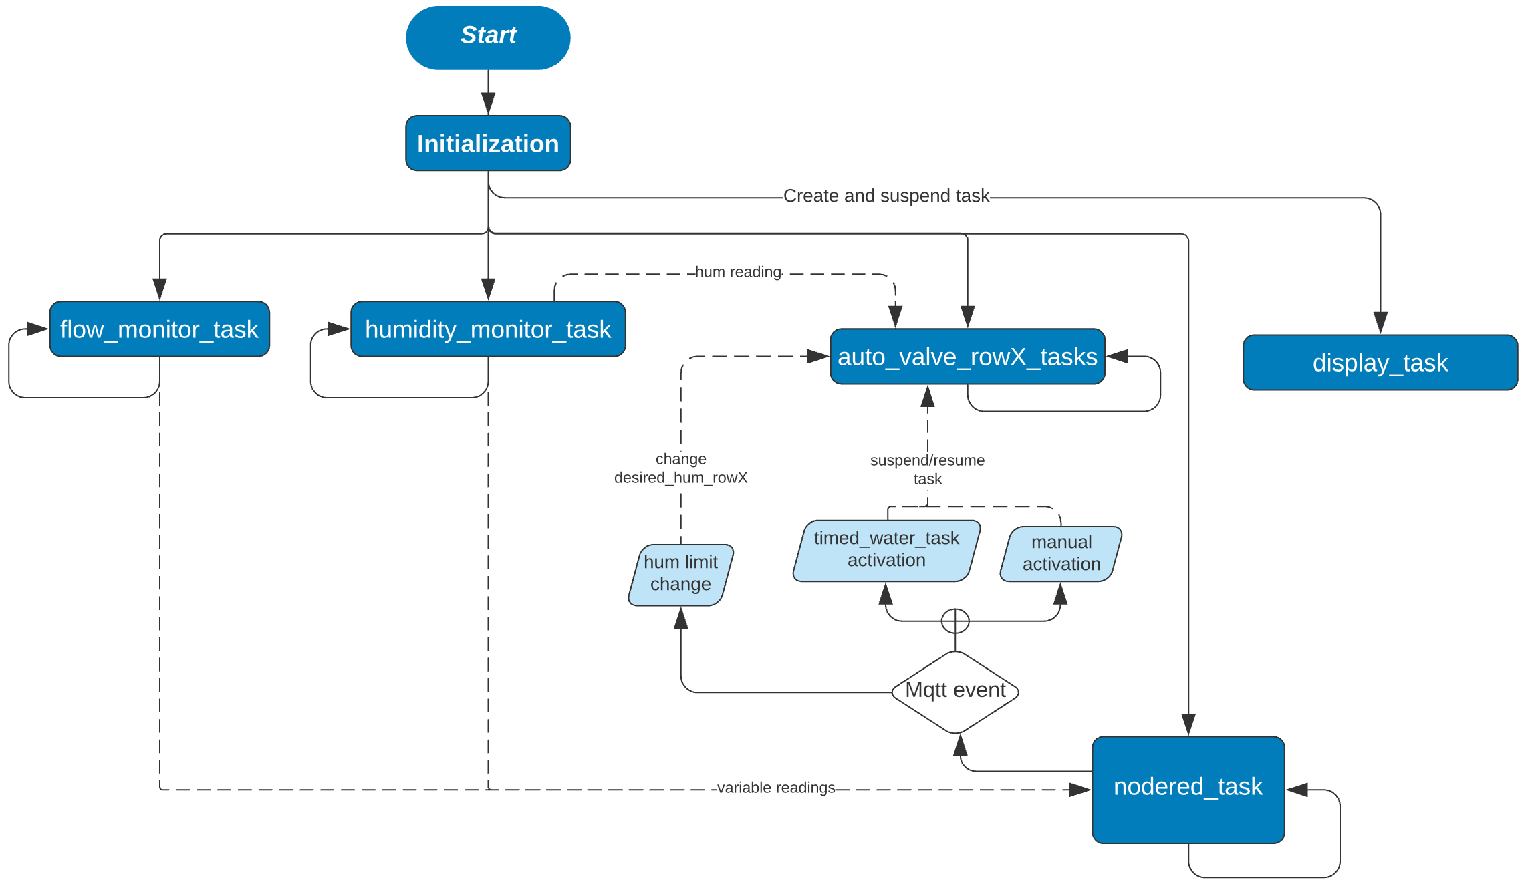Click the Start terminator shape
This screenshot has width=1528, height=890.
pos(488,37)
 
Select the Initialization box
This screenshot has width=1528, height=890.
pos(488,143)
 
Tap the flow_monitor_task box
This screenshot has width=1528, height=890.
pos(159,329)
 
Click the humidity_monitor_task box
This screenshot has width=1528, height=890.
pos(488,329)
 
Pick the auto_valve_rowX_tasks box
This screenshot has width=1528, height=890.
pos(967,356)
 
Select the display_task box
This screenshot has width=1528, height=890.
pos(1380,362)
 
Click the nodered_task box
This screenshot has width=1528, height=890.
pos(1188,789)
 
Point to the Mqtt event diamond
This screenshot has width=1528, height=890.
pos(955,691)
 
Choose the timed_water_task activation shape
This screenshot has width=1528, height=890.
pos(886,550)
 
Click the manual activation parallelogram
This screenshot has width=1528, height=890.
pos(1061,553)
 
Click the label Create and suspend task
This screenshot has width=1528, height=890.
pos(886,196)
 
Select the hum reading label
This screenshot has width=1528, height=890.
pos(738,272)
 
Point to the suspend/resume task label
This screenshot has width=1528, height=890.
pos(927,469)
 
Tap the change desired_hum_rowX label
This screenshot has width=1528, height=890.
pos(680,468)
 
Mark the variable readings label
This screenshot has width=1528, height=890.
pos(775,788)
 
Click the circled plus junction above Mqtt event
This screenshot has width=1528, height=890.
pos(955,621)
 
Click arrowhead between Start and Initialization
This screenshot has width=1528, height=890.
pos(488,104)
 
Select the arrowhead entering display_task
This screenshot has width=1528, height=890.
pos(1380,323)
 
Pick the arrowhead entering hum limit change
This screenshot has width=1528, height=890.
pos(680,618)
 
